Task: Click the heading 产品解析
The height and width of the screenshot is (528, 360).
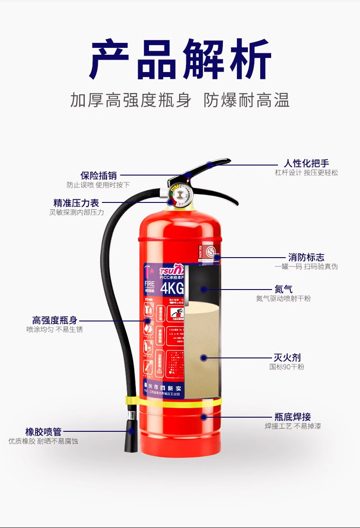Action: click(180, 59)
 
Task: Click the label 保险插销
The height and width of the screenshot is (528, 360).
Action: click(98, 176)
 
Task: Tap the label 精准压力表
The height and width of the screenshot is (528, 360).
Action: click(76, 203)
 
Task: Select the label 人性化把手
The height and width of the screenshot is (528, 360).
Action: click(306, 164)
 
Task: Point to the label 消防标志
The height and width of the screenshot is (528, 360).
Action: click(306, 257)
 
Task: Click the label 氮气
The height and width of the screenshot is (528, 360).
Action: click(283, 289)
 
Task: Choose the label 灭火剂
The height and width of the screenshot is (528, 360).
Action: click(287, 357)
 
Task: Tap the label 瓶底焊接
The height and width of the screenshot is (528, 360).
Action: click(293, 417)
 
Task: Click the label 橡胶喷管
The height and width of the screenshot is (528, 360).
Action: click(43, 432)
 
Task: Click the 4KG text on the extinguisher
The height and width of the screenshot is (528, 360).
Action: click(171, 289)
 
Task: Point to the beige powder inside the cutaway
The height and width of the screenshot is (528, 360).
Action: click(203, 347)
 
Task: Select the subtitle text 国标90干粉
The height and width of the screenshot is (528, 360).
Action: click(287, 367)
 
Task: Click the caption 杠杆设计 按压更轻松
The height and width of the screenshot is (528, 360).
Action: click(306, 173)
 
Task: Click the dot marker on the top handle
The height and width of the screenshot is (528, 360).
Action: click(209, 165)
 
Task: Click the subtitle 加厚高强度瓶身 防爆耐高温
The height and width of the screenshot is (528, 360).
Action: click(180, 100)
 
